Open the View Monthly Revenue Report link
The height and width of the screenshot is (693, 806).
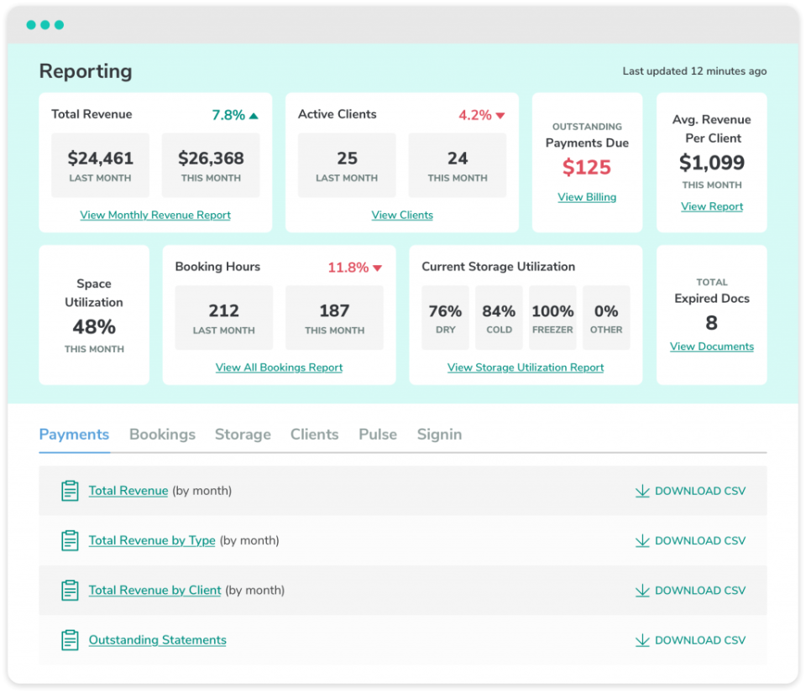[x=155, y=215]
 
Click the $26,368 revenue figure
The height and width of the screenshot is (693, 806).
[x=211, y=159]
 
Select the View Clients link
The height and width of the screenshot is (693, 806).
[x=402, y=215]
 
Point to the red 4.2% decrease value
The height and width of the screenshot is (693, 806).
[x=475, y=115]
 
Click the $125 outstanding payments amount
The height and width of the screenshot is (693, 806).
[x=587, y=167]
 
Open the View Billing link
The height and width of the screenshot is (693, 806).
[x=587, y=197]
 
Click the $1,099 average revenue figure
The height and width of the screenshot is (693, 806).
[x=712, y=162]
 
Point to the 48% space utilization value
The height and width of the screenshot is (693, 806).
[x=94, y=326]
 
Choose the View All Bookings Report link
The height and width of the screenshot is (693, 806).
[x=279, y=367]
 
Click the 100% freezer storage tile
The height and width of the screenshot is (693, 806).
[x=552, y=317]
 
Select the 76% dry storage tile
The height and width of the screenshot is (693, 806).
[x=445, y=317]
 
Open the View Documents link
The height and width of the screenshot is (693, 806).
[x=712, y=346]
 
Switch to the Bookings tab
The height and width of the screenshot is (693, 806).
[x=162, y=435]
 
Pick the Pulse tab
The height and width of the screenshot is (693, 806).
[x=378, y=435]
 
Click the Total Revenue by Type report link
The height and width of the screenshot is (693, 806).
[x=152, y=540]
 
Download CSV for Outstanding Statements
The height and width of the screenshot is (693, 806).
[x=690, y=640]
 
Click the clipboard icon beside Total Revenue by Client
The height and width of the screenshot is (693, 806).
[x=70, y=591]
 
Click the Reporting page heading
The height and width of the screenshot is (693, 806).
[x=86, y=71]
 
